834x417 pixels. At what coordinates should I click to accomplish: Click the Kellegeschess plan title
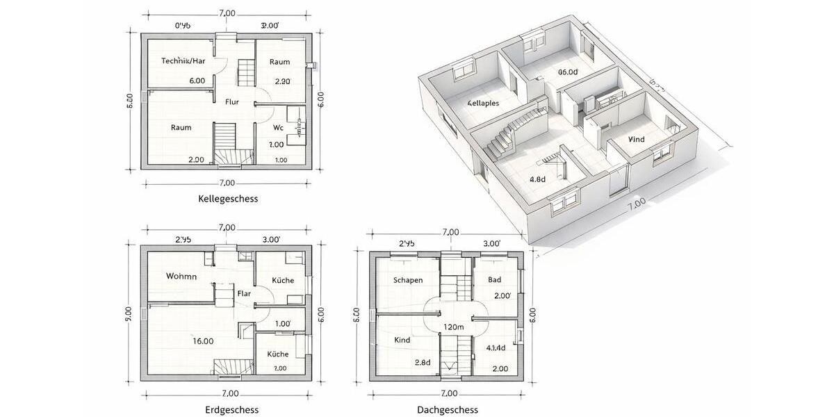(x=228, y=199)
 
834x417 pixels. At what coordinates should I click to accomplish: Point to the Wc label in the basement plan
(x=278, y=128)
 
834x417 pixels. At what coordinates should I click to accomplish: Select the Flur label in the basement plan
(x=232, y=102)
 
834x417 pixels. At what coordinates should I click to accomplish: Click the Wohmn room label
(x=181, y=277)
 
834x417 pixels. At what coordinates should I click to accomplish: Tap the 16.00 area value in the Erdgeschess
(x=203, y=341)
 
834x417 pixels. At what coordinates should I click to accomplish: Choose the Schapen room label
(x=407, y=280)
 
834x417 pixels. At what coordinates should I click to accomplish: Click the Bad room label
(x=494, y=280)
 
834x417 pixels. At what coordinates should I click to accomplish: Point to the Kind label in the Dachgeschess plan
(x=402, y=341)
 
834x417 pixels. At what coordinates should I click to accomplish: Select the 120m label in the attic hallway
(x=453, y=327)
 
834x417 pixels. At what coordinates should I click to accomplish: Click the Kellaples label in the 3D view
(x=483, y=103)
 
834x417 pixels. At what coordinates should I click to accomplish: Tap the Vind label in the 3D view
(x=636, y=140)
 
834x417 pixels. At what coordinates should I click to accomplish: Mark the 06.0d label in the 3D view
(x=568, y=72)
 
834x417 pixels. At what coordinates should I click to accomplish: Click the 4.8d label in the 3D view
(x=537, y=179)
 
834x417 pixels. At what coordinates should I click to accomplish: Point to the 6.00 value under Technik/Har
(x=197, y=81)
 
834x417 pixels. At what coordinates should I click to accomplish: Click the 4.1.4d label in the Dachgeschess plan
(x=496, y=348)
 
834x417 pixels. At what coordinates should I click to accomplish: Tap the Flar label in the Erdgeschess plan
(x=244, y=293)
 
